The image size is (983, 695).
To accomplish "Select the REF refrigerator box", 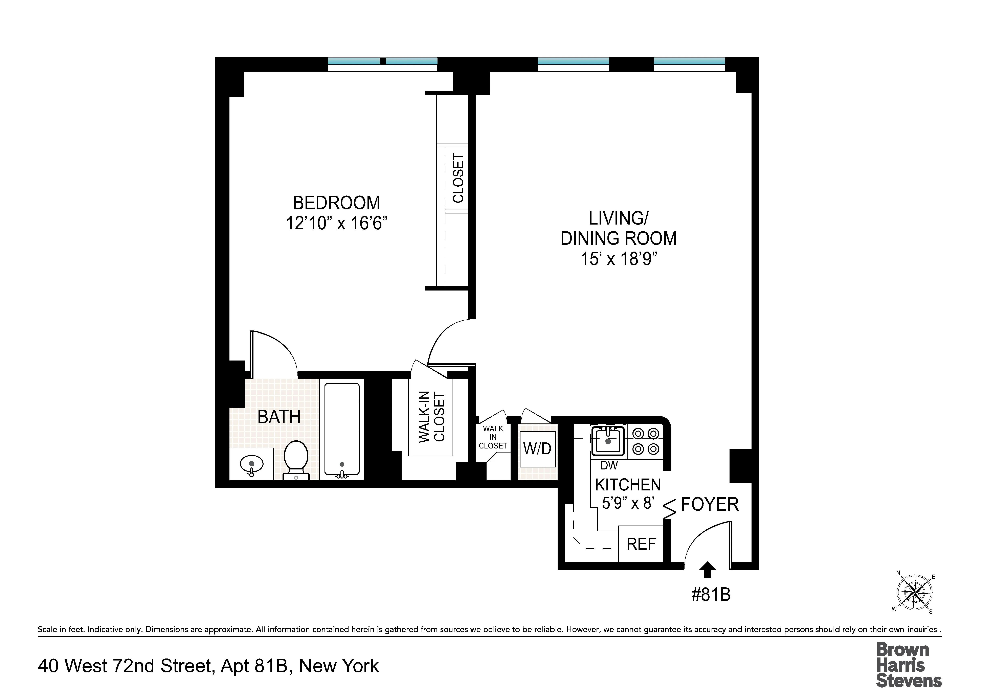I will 641,544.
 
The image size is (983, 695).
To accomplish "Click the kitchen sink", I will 608,441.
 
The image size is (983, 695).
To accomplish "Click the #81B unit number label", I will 711,595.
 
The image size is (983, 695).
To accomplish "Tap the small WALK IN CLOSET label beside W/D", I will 493,437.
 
